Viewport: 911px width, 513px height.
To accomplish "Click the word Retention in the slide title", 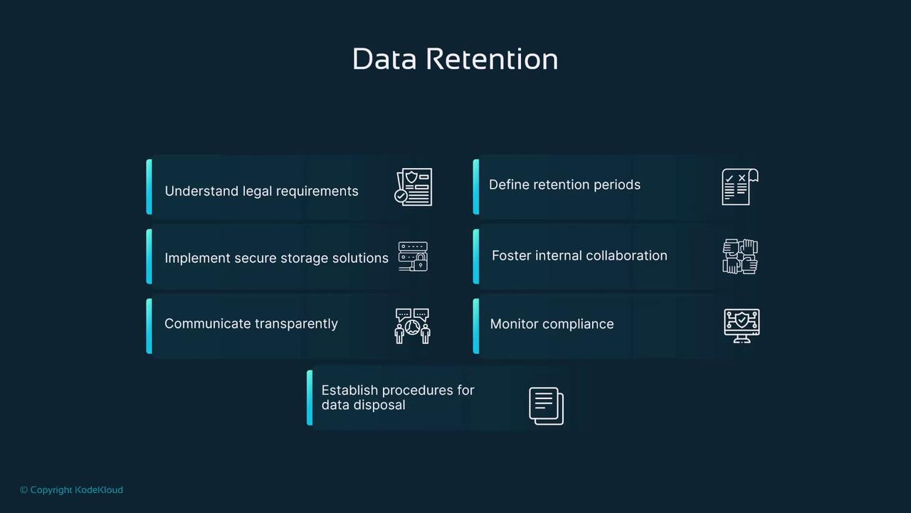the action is point(492,59).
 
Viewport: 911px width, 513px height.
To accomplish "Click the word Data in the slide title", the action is point(384,59).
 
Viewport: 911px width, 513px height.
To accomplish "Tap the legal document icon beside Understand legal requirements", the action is point(414,187).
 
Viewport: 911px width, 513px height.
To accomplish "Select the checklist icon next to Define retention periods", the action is point(740,187).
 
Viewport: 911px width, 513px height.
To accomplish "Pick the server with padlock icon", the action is point(414,256).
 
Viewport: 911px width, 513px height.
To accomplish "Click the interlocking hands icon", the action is point(740,256).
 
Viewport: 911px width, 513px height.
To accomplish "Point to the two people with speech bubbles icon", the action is point(412,326).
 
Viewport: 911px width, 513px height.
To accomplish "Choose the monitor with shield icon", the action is point(742,326).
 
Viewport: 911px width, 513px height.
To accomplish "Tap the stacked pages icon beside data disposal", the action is point(546,406).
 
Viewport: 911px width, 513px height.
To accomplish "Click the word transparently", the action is point(296,324).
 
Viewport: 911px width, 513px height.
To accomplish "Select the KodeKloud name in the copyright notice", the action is point(99,489).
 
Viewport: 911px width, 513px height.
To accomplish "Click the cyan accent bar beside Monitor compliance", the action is point(476,326).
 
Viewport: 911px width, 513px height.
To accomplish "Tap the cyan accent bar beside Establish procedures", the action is point(310,398).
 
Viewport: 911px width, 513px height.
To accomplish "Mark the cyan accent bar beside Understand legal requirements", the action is point(149,187).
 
